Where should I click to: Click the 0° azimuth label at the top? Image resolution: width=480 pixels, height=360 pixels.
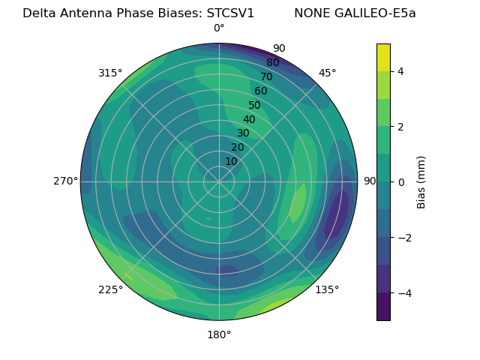pyautogui.click(x=219, y=28)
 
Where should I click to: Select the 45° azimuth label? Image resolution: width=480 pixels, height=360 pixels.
pyautogui.click(x=327, y=73)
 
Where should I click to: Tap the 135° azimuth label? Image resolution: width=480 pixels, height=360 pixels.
pyautogui.click(x=327, y=289)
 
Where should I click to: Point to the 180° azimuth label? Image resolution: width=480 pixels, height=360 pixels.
pyautogui.click(x=219, y=334)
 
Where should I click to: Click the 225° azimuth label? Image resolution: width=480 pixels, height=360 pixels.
pyautogui.click(x=110, y=289)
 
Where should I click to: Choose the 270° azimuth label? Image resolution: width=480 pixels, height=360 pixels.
pyautogui.click(x=65, y=181)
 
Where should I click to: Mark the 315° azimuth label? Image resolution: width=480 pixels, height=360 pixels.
pyautogui.click(x=110, y=73)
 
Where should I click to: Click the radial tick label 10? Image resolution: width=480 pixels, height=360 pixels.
pyautogui.click(x=231, y=161)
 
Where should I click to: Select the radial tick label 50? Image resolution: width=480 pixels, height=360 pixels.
pyautogui.click(x=254, y=105)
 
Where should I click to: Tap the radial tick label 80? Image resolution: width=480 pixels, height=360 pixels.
pyautogui.click(x=272, y=62)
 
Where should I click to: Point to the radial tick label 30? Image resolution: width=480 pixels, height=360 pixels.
pyautogui.click(x=243, y=133)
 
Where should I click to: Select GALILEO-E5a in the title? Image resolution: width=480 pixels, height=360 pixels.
pyautogui.click(x=373, y=13)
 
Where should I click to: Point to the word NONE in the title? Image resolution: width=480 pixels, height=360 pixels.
pyautogui.click(x=310, y=13)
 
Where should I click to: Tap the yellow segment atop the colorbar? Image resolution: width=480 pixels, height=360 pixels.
pyautogui.click(x=383, y=57)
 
